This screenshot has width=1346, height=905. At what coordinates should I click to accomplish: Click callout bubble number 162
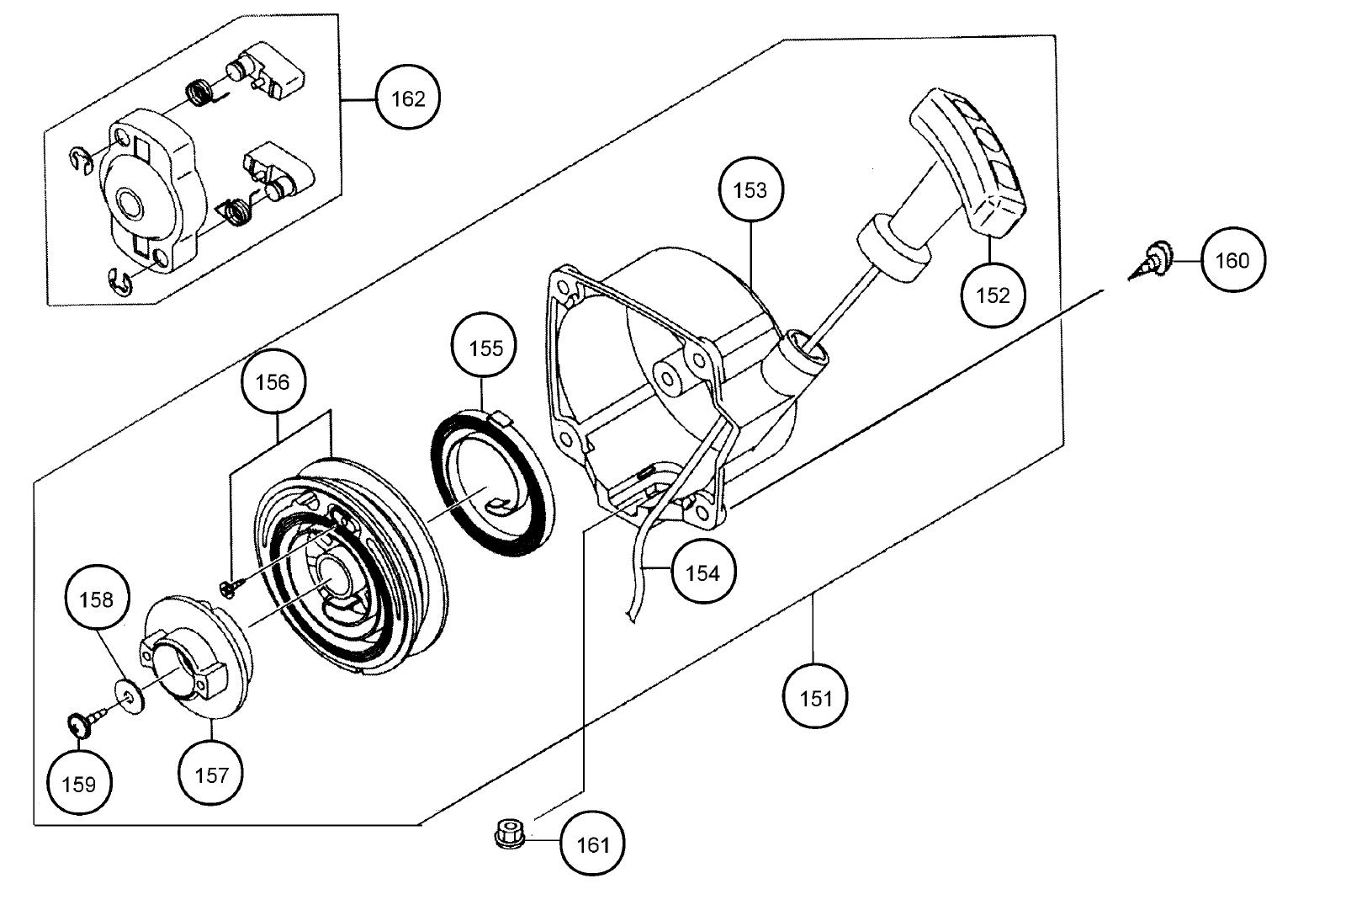coord(408,98)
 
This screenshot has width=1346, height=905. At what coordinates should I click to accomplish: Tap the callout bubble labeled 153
coord(750,190)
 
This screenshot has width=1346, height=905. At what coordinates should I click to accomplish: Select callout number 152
coord(993,295)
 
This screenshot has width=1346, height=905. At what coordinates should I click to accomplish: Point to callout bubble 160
coord(1232,261)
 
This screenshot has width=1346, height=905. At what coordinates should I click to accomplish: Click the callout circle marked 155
coord(485,349)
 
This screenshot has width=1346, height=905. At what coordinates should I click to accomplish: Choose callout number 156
coord(273,382)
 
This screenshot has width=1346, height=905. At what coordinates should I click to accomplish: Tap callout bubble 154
coord(702,573)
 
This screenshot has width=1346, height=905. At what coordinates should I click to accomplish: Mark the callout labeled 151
coord(815,697)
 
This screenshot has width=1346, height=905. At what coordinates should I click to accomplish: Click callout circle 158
coord(96,599)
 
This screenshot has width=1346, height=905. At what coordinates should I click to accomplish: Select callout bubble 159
coord(79,784)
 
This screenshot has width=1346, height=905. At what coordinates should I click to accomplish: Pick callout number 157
coord(210,775)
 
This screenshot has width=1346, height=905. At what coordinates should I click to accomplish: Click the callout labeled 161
coord(591,844)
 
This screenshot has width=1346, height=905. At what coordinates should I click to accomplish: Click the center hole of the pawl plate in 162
coord(132,204)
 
